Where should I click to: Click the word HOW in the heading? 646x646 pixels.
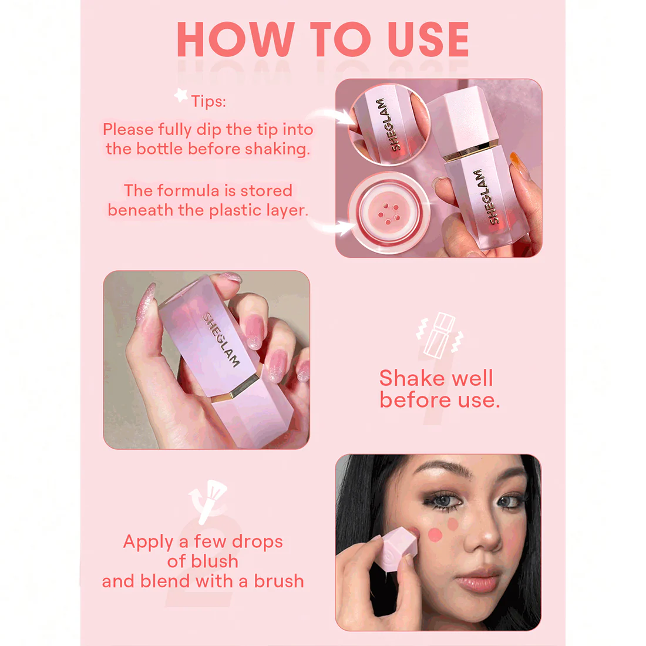pyautogui.click(x=235, y=39)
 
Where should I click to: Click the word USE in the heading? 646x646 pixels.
pyautogui.click(x=429, y=39)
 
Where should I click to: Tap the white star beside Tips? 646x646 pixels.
pyautogui.click(x=181, y=95)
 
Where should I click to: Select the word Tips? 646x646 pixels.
pyautogui.click(x=208, y=102)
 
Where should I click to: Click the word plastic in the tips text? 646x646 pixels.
pyautogui.click(x=235, y=210)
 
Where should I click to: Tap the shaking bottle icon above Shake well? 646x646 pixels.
pyautogui.click(x=440, y=334)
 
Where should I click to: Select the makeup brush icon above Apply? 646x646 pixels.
pyautogui.click(x=208, y=502)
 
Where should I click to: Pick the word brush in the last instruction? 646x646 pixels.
pyautogui.click(x=278, y=581)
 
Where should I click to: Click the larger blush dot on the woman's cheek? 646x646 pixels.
pyautogui.click(x=435, y=535)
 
